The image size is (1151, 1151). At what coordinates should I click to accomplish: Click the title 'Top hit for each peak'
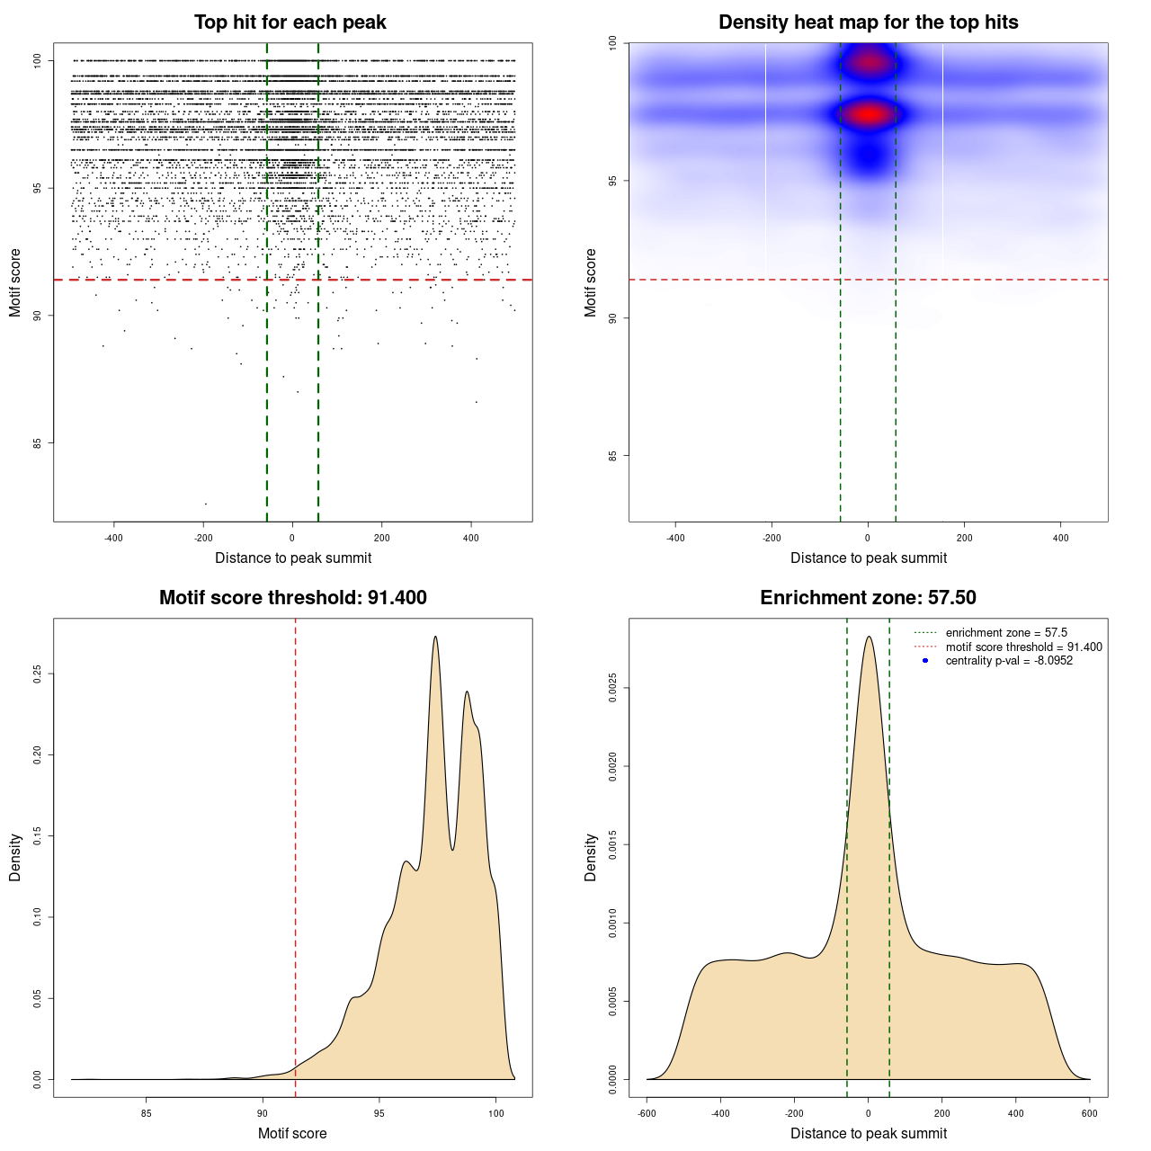pos(290,22)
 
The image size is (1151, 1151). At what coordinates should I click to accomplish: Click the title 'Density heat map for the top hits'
pos(868,22)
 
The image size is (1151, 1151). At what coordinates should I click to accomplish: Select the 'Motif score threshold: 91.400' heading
pos(292,598)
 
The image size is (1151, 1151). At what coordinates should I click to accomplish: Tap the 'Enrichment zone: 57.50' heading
pos(868,598)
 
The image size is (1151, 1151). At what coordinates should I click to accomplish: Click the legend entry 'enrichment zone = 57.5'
pos(1006,633)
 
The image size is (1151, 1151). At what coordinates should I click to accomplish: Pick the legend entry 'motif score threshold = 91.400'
pos(1023,647)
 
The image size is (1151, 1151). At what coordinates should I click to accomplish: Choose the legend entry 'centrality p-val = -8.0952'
pos(1009,661)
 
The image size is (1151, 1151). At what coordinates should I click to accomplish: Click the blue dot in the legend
pos(925,661)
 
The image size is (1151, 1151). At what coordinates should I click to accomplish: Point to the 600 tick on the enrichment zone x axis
pos(1090,1113)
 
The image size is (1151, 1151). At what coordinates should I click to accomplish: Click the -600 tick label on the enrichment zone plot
pos(647,1113)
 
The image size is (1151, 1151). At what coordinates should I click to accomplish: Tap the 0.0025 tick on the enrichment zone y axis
pos(613,689)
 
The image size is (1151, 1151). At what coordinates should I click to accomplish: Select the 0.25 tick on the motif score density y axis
pos(38,674)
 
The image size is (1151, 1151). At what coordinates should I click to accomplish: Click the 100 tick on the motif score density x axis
pos(496,1113)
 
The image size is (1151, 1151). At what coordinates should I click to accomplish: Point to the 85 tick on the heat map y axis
pos(613,456)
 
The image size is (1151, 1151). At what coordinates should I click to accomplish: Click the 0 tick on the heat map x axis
pos(868,538)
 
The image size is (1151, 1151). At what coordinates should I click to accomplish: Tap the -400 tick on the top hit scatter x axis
pos(113,538)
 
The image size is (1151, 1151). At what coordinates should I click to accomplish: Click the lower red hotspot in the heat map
pos(868,115)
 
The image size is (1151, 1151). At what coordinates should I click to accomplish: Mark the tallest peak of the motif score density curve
pos(435,638)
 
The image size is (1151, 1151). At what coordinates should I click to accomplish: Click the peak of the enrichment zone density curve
pos(869,638)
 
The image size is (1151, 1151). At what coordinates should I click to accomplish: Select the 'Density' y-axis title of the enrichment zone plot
pos(591,857)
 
